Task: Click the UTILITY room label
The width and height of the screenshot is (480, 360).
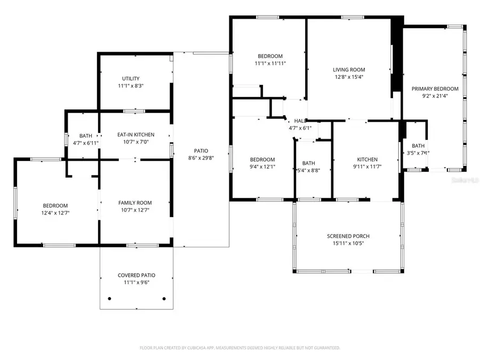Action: [x=131, y=78]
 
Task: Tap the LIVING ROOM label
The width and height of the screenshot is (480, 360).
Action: [x=349, y=69]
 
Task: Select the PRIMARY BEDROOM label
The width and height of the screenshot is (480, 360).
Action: [x=435, y=89]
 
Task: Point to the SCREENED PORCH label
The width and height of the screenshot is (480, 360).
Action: [x=348, y=236]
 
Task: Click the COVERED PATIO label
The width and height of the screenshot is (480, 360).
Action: [x=137, y=275]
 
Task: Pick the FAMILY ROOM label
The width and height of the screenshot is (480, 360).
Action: [x=135, y=203]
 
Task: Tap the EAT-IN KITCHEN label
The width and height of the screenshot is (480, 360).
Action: [x=136, y=135]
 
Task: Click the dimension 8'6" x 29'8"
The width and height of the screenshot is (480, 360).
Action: [x=201, y=158]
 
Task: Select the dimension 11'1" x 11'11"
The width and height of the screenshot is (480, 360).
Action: [x=270, y=63]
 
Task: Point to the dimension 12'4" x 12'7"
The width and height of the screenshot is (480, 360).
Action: [x=55, y=213]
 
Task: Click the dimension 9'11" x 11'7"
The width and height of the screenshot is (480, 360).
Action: [x=367, y=167]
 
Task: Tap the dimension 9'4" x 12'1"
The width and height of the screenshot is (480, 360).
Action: [x=262, y=167]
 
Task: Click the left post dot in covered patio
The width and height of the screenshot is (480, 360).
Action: [x=109, y=299]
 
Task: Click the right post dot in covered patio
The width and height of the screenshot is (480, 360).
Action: [x=164, y=299]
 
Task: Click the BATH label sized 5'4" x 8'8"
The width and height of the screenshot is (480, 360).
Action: [x=308, y=163]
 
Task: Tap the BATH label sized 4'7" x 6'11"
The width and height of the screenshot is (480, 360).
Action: [x=86, y=135]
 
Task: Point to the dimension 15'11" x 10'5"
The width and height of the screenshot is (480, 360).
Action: [x=348, y=243]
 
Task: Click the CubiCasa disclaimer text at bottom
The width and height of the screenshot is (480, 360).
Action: [x=239, y=348]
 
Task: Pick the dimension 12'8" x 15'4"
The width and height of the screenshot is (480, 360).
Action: [x=349, y=76]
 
